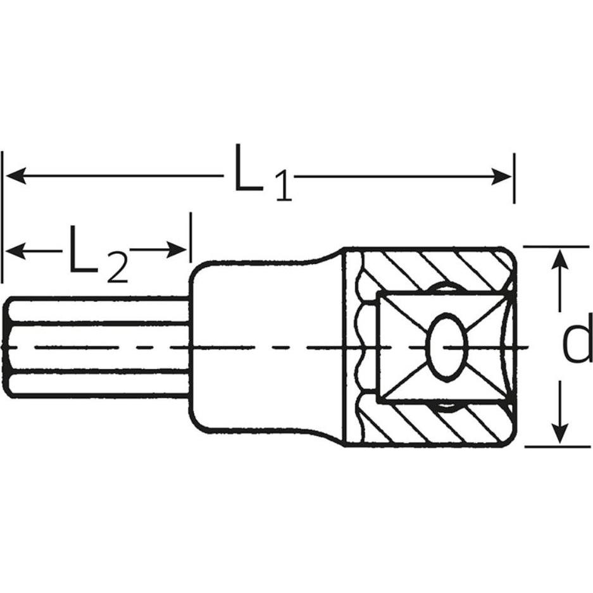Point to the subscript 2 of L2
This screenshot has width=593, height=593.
click(x=117, y=268)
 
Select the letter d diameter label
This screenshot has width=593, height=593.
click(x=577, y=346)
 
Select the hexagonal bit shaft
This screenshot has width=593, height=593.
click(x=95, y=347)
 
